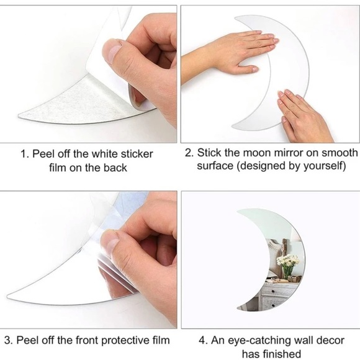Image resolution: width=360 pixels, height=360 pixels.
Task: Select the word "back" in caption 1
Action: [x=115, y=168]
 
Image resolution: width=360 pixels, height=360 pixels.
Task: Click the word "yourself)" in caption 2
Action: [x=325, y=166]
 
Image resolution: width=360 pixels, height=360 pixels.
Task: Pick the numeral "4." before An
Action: [x=204, y=340]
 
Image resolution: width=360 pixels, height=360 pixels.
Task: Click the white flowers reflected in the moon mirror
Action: [x=288, y=261]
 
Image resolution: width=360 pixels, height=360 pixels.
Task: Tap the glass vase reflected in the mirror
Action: [x=289, y=272]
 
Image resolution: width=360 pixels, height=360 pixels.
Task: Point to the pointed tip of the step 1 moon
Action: [x=19, y=115]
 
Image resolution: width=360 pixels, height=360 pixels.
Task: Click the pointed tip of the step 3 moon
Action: [x=7, y=296]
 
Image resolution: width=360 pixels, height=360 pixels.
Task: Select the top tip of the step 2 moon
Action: [x=235, y=18]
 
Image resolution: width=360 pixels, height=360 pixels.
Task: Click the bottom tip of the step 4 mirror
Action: [x=237, y=309]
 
